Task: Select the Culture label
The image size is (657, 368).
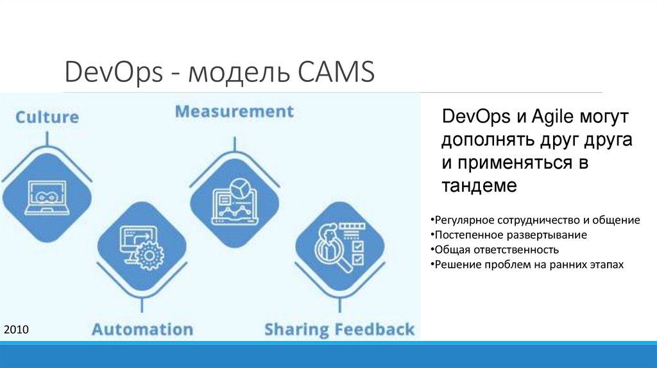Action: pos(47,117)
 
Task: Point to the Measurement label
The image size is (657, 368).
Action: pos(234,112)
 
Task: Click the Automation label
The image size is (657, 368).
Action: pos(142,330)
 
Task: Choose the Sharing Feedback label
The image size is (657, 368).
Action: pos(339,330)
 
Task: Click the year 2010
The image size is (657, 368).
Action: pos(16,330)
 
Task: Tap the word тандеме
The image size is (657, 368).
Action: pos(479,186)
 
